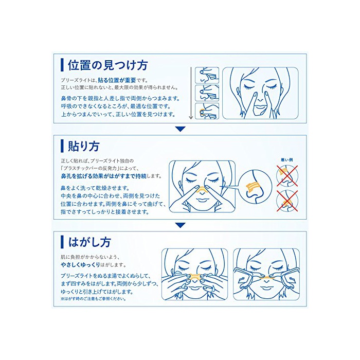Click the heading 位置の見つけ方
pyautogui.click(x=107, y=65)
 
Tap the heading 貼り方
pyautogui.click(x=83, y=146)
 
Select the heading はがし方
pyautogui.click(x=89, y=242)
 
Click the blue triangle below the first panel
pyautogui.click(x=180, y=129)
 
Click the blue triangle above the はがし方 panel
pyautogui.click(x=180, y=225)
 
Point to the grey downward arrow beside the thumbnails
pyautogui.click(x=191, y=93)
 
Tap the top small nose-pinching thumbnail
pyautogui.click(x=207, y=75)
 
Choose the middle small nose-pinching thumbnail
pyautogui.click(x=207, y=93)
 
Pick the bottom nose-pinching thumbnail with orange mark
pyautogui.click(x=207, y=111)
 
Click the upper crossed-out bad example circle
pyautogui.click(x=287, y=176)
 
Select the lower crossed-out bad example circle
pyautogui.click(x=287, y=201)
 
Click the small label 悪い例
pyautogui.click(x=287, y=160)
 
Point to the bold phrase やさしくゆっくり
pyautogui.click(x=80, y=265)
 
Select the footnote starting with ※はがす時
pyautogui.click(x=93, y=299)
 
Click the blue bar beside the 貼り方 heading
pyautogui.click(x=62, y=146)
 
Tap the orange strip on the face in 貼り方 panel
pyautogui.click(x=202, y=190)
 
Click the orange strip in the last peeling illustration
pyautogui.click(x=266, y=278)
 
